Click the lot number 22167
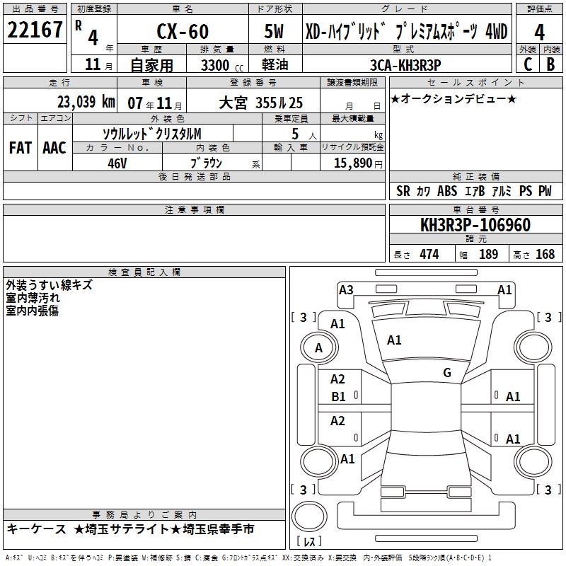[35, 30]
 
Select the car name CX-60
[183, 31]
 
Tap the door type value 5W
[274, 31]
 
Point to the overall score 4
[539, 33]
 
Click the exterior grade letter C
[528, 64]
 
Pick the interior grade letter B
[550, 64]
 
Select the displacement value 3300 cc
[222, 65]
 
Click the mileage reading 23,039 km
[86, 102]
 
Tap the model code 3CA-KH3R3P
[405, 65]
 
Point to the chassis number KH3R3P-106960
[475, 225]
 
